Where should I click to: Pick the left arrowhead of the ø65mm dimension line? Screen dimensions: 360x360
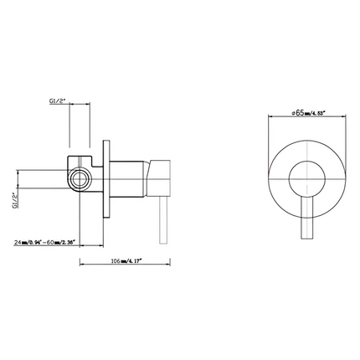(269, 117)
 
